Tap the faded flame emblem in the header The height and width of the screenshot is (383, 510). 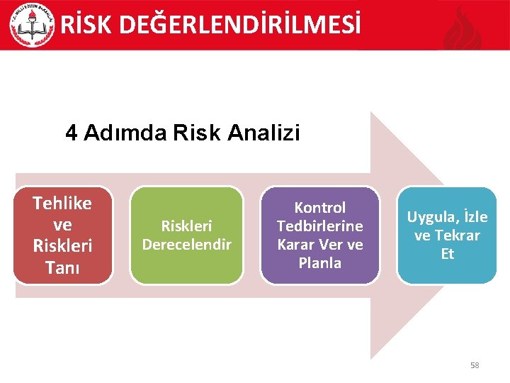coord(463,28)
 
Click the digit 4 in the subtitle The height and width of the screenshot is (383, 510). coord(72,133)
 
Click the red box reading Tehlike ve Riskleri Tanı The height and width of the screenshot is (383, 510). coord(62,235)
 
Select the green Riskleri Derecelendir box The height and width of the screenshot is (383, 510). coord(187,235)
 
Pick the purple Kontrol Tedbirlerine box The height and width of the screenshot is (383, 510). coord(319,235)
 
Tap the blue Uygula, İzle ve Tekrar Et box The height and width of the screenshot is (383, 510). coord(447,235)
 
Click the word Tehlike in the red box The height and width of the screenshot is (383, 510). coord(62,204)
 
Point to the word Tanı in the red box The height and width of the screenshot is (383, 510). coord(62,269)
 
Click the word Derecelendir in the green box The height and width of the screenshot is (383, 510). coord(187,245)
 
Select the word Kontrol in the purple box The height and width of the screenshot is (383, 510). coord(319,208)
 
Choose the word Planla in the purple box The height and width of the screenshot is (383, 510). coord(319,263)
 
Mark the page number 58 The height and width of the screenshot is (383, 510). coord(475,365)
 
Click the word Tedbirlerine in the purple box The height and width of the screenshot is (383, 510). coord(319,226)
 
